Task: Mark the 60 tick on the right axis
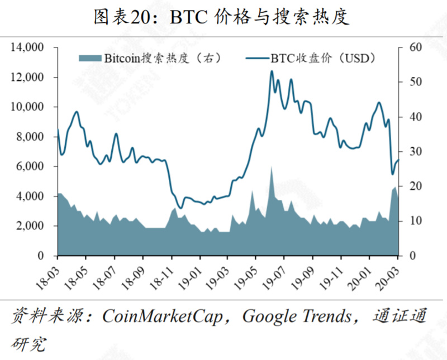point(414,47)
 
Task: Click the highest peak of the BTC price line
point(272,71)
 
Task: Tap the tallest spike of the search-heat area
point(272,166)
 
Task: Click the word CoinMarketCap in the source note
point(162,317)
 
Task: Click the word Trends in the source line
point(326,317)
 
